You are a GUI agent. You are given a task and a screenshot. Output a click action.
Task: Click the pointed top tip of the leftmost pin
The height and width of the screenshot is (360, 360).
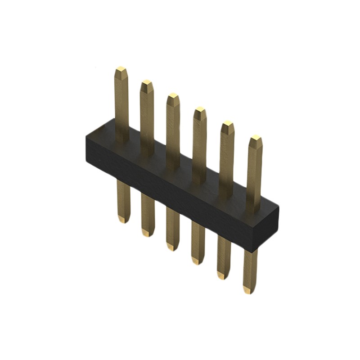click(x=121, y=69)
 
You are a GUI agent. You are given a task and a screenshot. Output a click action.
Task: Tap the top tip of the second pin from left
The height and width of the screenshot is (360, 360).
click(x=147, y=83)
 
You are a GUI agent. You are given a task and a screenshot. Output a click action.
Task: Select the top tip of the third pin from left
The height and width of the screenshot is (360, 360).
click(x=173, y=96)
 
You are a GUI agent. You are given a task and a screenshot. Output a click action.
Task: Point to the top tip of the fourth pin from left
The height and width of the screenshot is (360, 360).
click(x=200, y=109)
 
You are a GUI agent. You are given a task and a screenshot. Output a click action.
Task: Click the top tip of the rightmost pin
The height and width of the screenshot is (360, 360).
click(x=256, y=137)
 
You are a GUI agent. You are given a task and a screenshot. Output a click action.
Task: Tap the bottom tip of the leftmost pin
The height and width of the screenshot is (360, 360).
click(x=122, y=220)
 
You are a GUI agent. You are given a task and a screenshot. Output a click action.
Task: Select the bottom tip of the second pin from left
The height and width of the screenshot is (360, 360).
click(x=147, y=233)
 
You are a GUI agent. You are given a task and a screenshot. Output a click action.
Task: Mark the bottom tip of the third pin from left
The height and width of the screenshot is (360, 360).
click(x=172, y=247)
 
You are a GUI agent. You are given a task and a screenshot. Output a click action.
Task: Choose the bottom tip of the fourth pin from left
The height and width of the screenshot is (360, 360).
click(x=197, y=261)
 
